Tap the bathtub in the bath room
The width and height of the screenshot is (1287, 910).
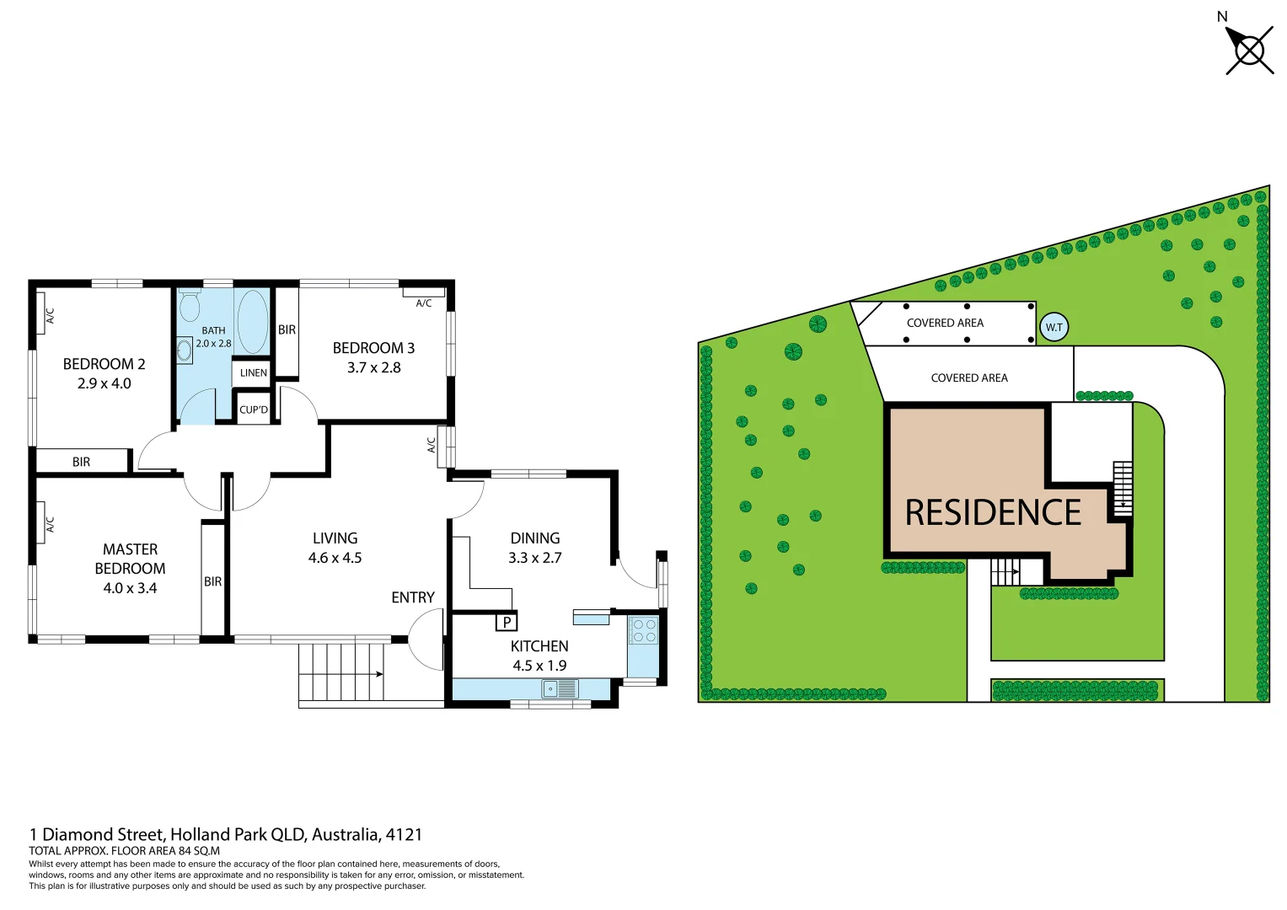[x=253, y=321]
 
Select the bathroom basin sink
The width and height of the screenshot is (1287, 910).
[x=185, y=351]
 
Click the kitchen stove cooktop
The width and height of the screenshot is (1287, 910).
[x=644, y=630]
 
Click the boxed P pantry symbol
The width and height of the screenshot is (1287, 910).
[x=506, y=623]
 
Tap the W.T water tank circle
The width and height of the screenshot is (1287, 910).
[x=1054, y=327]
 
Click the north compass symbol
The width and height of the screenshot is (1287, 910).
[x=1248, y=51]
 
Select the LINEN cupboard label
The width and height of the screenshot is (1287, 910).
[x=253, y=372]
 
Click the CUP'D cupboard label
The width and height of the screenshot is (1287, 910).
[x=253, y=409]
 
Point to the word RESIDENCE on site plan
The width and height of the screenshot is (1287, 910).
[x=993, y=513]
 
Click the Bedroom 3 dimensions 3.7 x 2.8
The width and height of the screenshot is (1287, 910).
[x=373, y=367]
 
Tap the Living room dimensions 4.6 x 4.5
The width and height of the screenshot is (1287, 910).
[x=335, y=558]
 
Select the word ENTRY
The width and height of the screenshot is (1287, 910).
[x=413, y=597]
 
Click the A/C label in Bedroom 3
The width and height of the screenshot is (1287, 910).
[x=424, y=303]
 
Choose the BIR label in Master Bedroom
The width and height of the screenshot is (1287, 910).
[x=212, y=581]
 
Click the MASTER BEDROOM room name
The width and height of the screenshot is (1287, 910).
[x=130, y=559]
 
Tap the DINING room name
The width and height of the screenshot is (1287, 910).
[x=534, y=538]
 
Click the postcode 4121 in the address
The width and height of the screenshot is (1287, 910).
[x=404, y=834]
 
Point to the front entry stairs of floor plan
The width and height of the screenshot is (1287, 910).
[x=341, y=672]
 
